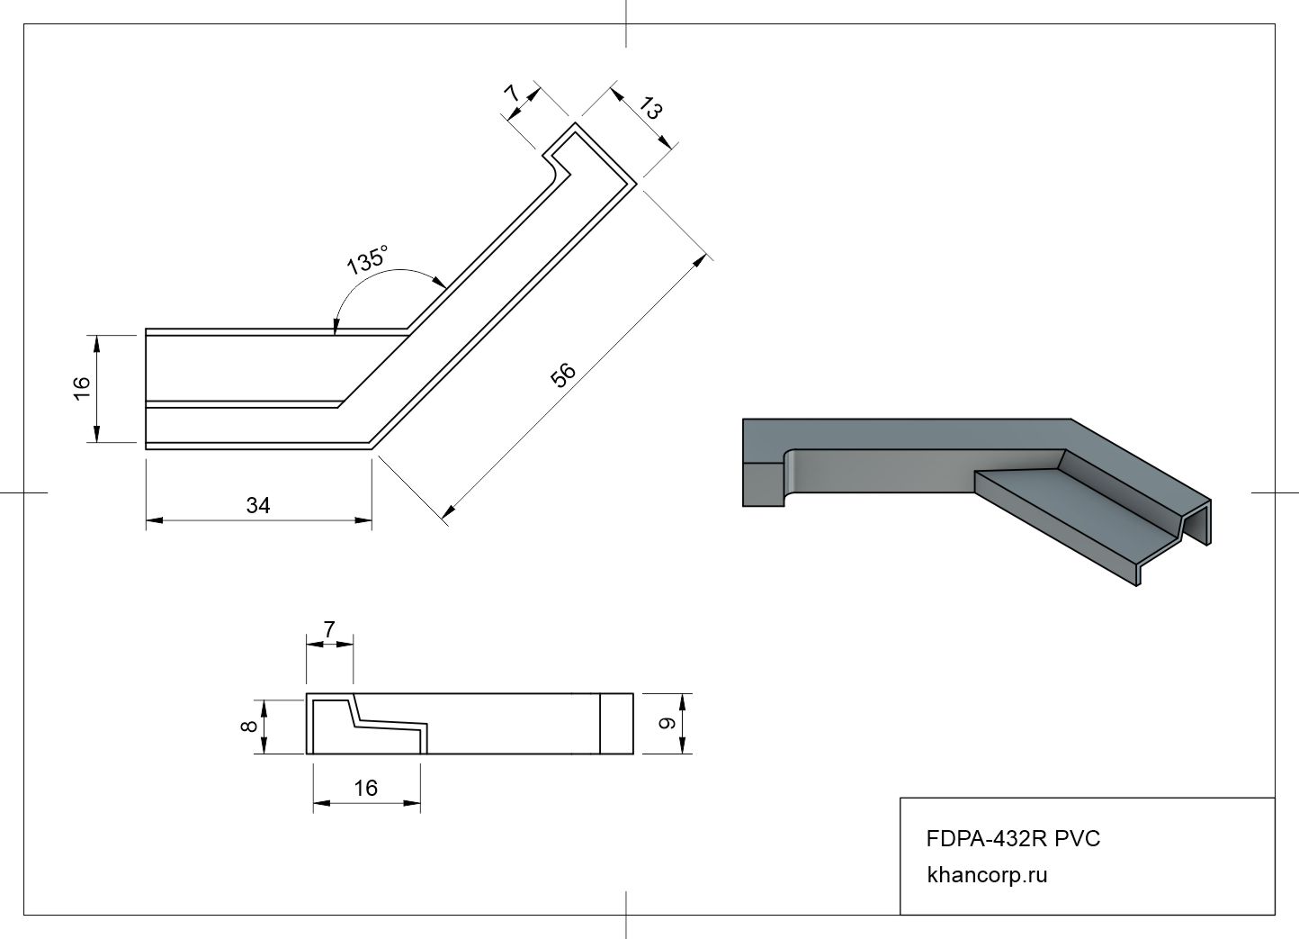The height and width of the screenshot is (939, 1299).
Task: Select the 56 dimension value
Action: coord(563,375)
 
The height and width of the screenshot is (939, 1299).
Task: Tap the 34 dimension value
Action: coord(258,506)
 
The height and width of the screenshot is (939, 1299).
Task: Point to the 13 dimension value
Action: coord(651,110)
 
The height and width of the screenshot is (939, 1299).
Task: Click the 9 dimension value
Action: coord(667,723)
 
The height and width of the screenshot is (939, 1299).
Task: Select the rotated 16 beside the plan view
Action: coord(81,387)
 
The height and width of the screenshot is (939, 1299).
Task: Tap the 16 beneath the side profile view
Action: coord(365,789)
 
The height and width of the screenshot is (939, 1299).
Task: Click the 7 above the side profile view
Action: coord(329,630)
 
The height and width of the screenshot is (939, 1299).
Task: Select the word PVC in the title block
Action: coord(1078,839)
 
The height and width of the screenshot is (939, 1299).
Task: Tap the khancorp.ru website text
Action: coord(987,874)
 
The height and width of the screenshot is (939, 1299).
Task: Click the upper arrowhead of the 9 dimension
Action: coord(683,700)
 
